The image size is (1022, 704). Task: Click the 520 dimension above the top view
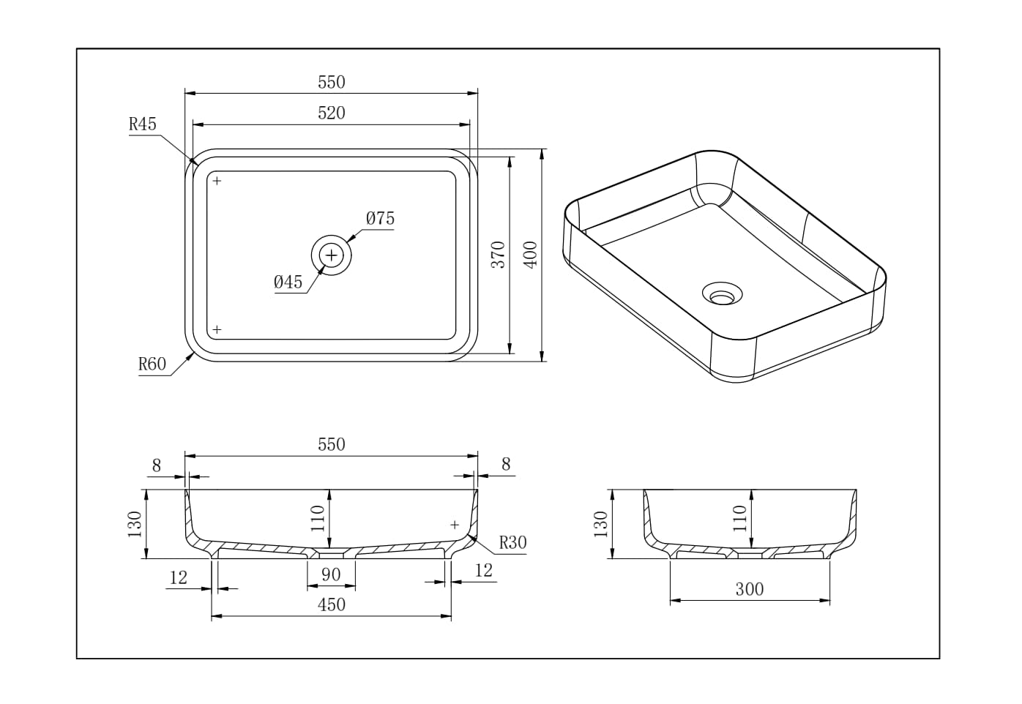[x=331, y=113]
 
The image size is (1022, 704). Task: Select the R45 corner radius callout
[x=143, y=124]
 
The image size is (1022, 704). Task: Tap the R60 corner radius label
[x=152, y=364]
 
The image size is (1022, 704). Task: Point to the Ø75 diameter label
[x=380, y=218]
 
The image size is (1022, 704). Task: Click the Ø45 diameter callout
[x=288, y=282]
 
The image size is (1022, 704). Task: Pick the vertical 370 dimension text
[x=498, y=254]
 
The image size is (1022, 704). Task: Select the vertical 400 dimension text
[x=531, y=254]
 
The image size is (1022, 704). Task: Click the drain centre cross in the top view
[x=332, y=255]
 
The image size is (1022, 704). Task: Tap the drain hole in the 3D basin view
[x=723, y=295]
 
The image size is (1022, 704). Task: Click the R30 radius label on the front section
[x=512, y=542]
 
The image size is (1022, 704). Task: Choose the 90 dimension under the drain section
[x=331, y=574]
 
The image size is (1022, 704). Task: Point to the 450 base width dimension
[x=331, y=604]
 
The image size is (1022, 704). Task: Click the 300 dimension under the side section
[x=749, y=589]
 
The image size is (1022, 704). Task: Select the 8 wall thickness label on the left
[x=156, y=465]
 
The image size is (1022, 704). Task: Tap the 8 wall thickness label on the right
[x=506, y=464]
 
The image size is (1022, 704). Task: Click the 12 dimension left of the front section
[x=179, y=577]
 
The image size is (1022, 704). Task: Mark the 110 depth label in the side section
[x=740, y=518]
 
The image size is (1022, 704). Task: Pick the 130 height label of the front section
[x=135, y=524]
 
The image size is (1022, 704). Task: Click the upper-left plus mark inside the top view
[x=217, y=181]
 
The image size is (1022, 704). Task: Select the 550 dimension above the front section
[x=331, y=444]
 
